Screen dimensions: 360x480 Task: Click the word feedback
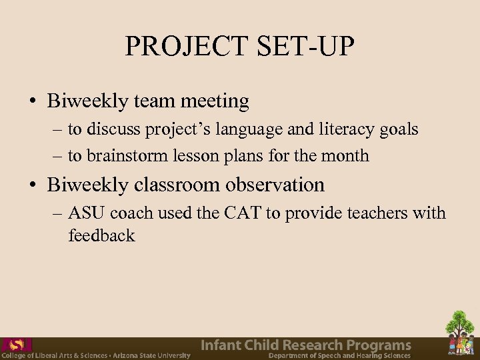pyautogui.click(x=101, y=235)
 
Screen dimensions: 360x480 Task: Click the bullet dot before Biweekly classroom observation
pyautogui.click(x=33, y=185)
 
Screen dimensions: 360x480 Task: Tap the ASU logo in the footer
pyautogui.click(x=16, y=345)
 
